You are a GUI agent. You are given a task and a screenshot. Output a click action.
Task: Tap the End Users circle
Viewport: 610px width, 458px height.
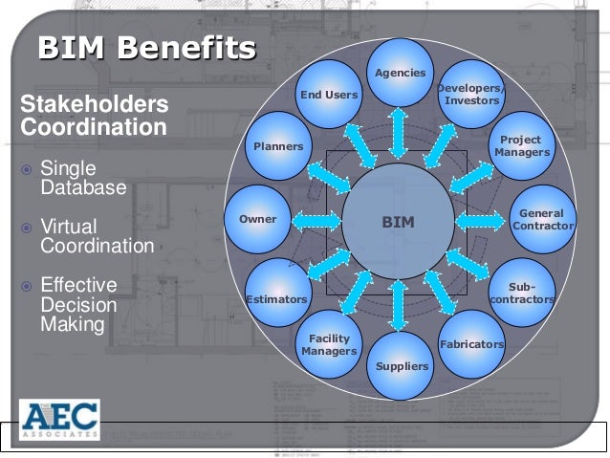[329, 94]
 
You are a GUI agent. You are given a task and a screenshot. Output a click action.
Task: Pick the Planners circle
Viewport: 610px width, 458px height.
[277, 146]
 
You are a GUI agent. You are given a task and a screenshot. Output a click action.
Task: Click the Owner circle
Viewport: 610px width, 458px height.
[257, 219]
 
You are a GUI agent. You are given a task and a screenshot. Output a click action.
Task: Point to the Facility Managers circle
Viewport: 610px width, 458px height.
[328, 345]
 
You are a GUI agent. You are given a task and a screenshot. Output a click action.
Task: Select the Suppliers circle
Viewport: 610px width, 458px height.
[403, 364]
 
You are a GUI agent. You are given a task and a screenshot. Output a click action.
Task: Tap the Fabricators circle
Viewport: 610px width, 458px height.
[471, 342]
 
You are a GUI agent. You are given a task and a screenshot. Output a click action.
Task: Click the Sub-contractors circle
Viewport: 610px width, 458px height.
[522, 292]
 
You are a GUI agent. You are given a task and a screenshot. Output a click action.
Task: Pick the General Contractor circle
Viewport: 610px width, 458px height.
[542, 219]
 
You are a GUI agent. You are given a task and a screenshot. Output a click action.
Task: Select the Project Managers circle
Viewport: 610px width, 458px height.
[522, 145]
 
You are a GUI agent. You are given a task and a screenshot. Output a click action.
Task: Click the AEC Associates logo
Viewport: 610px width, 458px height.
[58, 421]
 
